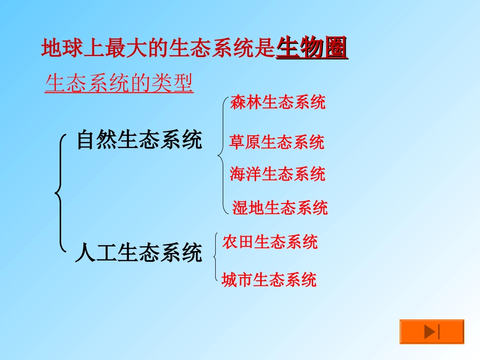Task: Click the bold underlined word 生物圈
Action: click(312, 49)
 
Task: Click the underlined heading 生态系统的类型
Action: click(119, 84)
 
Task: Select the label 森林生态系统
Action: click(278, 102)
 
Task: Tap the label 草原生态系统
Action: click(277, 142)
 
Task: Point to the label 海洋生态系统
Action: click(277, 174)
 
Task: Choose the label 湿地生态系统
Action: click(280, 208)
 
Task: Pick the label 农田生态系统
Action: click(270, 242)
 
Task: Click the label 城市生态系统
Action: click(269, 280)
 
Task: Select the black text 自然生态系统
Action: click(139, 140)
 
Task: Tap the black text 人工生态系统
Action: click(138, 252)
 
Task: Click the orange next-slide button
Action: click(431, 332)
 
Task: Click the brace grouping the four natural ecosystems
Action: click(222, 156)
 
